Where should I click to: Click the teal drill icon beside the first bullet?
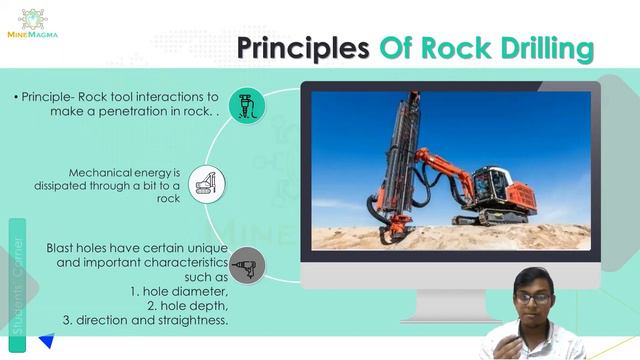point(246,105)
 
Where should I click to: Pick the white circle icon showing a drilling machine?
point(207,184)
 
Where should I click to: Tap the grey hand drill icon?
point(246,267)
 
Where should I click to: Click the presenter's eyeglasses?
point(532,298)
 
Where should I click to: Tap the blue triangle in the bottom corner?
point(45,342)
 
